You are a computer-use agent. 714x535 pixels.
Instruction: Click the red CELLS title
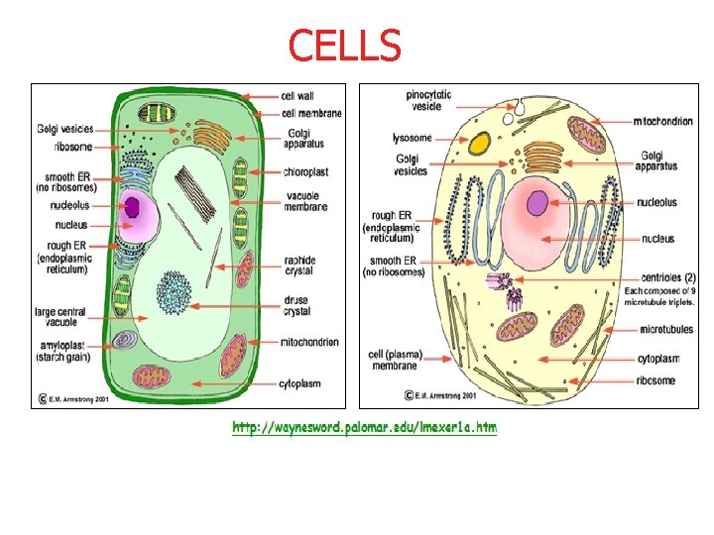[x=344, y=45]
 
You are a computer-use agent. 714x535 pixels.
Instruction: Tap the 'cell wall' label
[x=298, y=96]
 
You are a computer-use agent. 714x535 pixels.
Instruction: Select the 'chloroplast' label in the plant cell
[x=306, y=171]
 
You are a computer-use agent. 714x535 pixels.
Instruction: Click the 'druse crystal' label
[x=297, y=305]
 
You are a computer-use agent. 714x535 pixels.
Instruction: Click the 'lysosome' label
[x=413, y=138]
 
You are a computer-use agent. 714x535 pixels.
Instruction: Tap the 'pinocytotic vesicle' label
[x=428, y=100]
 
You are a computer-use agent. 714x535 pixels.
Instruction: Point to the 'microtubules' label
[x=666, y=328]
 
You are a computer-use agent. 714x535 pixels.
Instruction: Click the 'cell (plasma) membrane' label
[x=394, y=360]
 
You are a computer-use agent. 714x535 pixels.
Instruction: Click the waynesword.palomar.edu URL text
[x=364, y=427]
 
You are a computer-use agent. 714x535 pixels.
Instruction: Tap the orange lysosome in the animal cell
[x=479, y=144]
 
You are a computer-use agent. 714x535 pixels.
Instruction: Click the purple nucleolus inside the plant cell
[x=132, y=207]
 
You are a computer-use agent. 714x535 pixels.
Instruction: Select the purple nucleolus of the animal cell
[x=537, y=204]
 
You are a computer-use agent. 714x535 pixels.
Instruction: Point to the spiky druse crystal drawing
[x=175, y=291]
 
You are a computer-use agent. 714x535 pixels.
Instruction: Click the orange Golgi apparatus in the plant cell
[x=210, y=133]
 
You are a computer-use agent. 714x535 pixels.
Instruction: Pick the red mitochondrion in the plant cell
[x=232, y=355]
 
